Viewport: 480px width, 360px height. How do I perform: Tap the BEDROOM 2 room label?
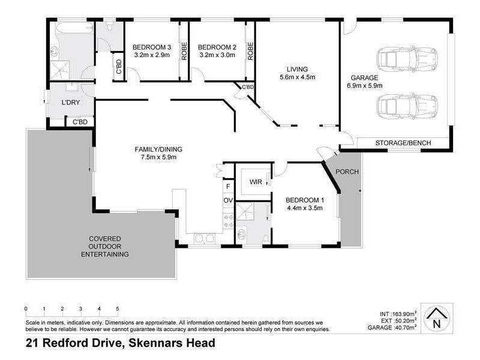pos(214,47)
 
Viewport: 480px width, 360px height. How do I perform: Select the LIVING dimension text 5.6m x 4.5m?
pos(297,77)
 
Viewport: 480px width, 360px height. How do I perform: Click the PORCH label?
pos(347,172)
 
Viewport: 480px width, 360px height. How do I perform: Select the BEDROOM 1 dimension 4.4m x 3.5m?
pos(304,208)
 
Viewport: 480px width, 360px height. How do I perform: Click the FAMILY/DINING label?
pos(158,149)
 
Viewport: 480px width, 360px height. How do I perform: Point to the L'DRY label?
pos(70,103)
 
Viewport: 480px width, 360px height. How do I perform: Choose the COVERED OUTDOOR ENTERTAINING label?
pos(105,246)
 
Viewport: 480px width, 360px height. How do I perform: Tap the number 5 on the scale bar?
pos(118,308)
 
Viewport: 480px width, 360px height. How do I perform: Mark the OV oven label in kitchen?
pos(227,200)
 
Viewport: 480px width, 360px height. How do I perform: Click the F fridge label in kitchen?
pos(227,187)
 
